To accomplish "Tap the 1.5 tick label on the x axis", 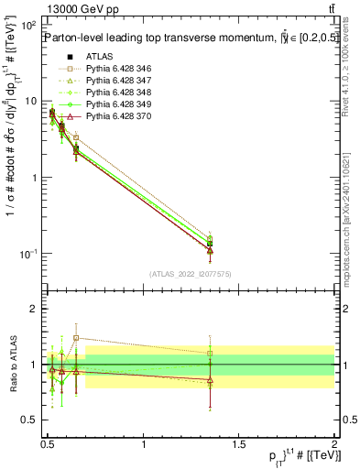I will coord(239,445).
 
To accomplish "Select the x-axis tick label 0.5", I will coord(48,445).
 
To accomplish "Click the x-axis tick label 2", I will coord(334,445).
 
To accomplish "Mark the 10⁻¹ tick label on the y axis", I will coord(28,254).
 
